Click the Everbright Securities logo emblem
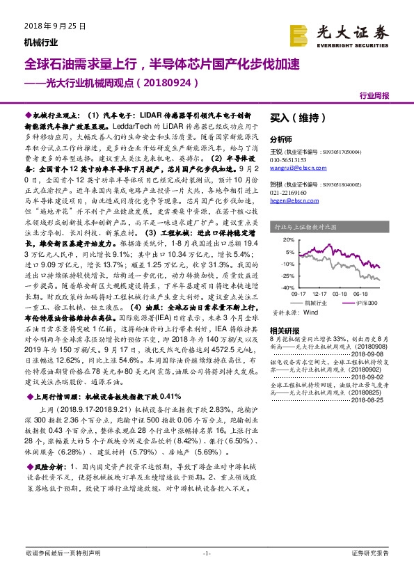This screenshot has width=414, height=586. (x=300, y=34)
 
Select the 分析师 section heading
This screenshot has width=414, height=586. (x=280, y=138)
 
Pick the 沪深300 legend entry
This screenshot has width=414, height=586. (x=367, y=303)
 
